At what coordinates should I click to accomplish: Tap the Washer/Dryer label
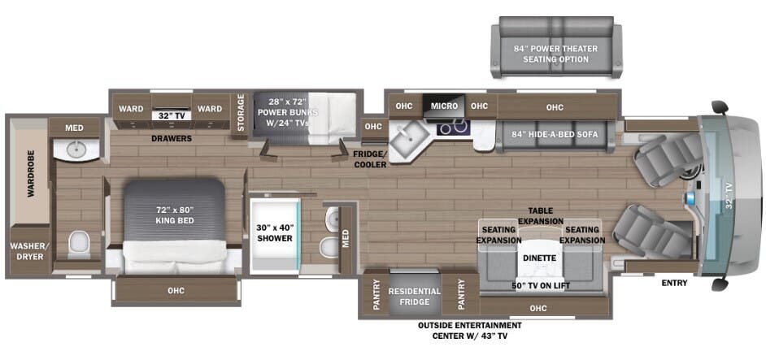[x=26, y=250]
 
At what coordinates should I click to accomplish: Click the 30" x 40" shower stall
[x=275, y=233]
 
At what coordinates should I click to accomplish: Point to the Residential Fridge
[x=415, y=297]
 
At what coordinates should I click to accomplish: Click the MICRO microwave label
[x=444, y=106]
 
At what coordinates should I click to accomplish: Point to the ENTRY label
[x=675, y=283]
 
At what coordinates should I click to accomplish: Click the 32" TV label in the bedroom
[x=171, y=116]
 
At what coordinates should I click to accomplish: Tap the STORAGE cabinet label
[x=241, y=113]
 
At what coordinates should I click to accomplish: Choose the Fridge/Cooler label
[x=370, y=160]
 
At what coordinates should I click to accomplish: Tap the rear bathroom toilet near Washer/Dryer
[x=79, y=243]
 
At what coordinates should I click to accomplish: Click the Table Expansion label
[x=540, y=216]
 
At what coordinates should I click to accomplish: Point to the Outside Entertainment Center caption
[x=470, y=331]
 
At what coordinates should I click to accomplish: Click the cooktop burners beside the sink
[x=454, y=128]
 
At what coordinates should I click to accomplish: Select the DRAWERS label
[x=171, y=139]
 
